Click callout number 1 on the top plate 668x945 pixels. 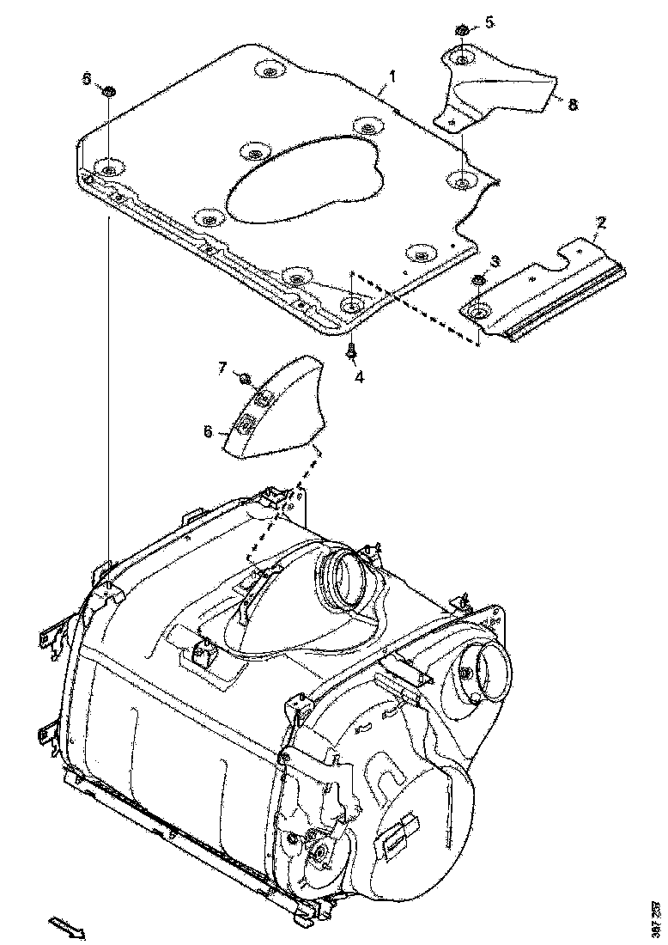[392, 76]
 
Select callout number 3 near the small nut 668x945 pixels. [495, 260]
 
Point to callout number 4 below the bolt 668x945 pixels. [360, 375]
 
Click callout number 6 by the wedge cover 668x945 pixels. [208, 432]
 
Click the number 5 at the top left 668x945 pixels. [86, 78]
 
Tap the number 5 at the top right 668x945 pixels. [489, 23]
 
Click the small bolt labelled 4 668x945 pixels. [352, 350]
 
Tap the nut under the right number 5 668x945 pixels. [461, 31]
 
